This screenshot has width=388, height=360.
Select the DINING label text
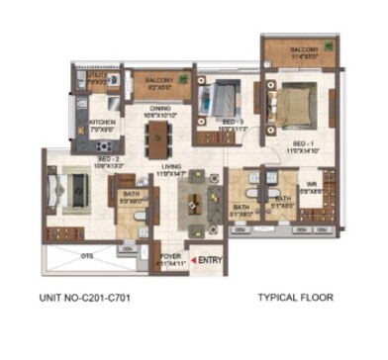(160, 108)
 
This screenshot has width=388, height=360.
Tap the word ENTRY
(210, 260)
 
